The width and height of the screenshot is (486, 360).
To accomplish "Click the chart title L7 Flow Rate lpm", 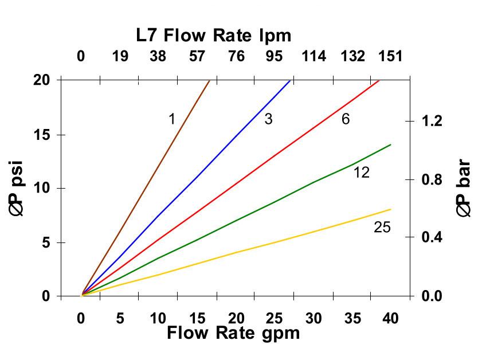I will pos(214,36).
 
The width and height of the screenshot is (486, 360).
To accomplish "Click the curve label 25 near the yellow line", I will pos(382,228).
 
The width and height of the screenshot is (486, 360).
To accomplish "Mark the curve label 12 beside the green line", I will pos(361,172).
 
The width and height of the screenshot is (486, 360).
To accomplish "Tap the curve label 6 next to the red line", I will pos(346,119).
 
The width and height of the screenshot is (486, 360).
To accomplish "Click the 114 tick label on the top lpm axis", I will pos(314,56).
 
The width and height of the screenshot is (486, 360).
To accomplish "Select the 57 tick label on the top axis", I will pos(197,56).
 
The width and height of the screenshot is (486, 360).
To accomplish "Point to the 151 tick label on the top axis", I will pos(390,56).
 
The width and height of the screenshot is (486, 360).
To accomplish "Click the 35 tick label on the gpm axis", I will pos(352,319).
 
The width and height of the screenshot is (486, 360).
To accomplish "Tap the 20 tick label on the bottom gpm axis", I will pos(236,319).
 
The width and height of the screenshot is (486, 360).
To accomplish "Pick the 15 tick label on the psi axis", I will pos(41,135).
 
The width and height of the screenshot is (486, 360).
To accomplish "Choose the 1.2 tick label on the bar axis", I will pos(433,121).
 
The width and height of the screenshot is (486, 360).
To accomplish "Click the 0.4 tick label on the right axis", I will pos(433,237).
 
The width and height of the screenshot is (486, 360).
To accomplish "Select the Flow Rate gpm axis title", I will pos(233,333).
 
